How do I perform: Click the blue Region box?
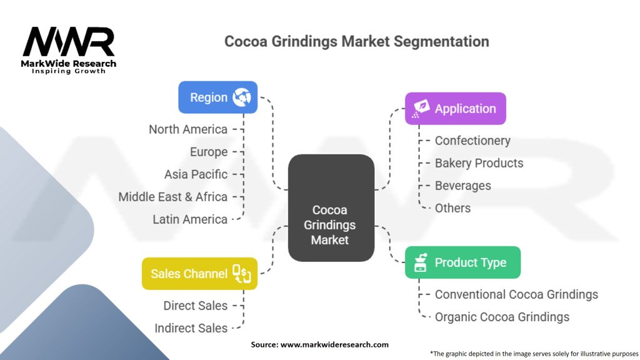(x=217, y=97)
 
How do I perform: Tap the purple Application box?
(x=455, y=109)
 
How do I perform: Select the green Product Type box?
(x=462, y=262)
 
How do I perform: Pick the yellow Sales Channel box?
(x=199, y=274)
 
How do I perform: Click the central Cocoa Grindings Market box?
(x=331, y=207)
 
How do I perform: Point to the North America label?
(x=187, y=129)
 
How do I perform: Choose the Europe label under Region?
(x=209, y=152)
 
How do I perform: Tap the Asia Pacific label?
(x=196, y=174)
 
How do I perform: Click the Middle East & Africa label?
(x=172, y=197)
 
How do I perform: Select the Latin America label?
(x=189, y=219)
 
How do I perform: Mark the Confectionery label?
(x=472, y=141)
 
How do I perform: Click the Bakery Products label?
(x=479, y=163)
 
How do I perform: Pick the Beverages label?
(x=462, y=186)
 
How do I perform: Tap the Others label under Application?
(x=452, y=208)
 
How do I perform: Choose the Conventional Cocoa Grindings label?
(x=516, y=294)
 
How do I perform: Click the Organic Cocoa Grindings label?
(x=502, y=317)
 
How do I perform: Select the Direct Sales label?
(x=195, y=306)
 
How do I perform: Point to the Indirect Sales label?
(x=191, y=328)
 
